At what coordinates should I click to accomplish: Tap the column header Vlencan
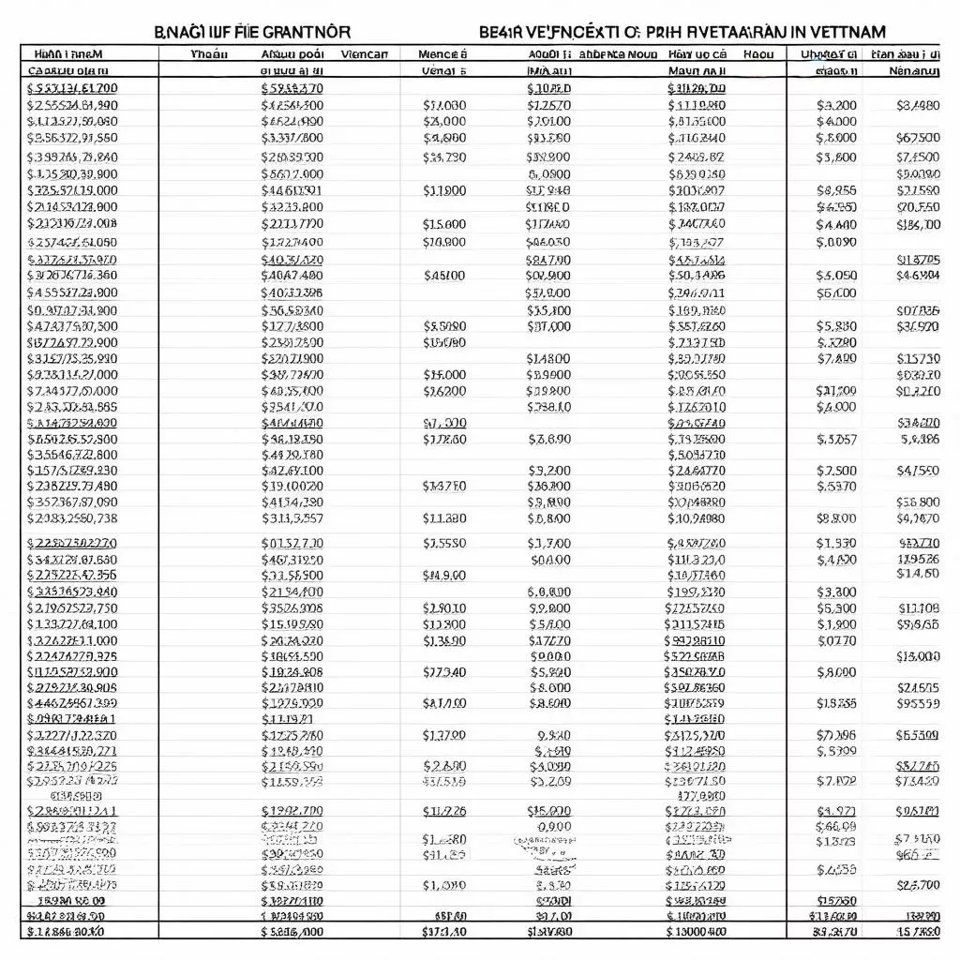365,54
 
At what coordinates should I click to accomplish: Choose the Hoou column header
758,54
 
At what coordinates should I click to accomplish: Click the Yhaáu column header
209,54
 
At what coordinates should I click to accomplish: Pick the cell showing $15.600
444,224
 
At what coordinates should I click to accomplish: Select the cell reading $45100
444,276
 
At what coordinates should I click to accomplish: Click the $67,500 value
918,138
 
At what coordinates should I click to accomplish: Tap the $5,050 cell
836,276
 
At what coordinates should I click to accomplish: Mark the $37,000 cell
548,326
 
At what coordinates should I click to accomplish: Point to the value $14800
548,357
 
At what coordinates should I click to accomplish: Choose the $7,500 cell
836,471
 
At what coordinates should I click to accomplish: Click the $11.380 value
444,517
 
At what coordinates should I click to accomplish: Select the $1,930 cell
836,542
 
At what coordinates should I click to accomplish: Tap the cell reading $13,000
918,656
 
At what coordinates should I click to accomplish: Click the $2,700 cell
918,884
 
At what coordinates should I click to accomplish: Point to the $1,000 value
444,884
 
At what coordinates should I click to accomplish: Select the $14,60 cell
918,574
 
